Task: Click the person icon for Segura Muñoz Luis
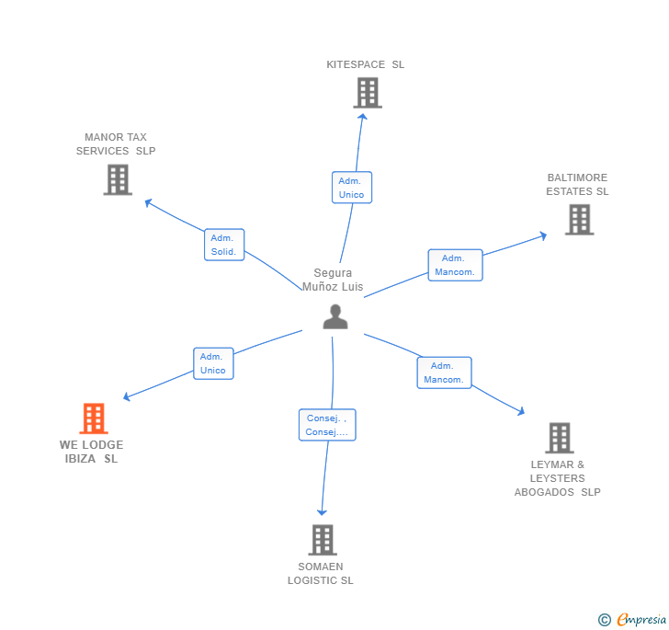pos(335,316)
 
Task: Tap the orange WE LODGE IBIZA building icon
pos(93,418)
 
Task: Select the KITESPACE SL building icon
pos(367,93)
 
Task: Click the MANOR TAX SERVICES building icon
pos(118,179)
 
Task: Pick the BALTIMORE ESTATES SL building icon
pos(579,220)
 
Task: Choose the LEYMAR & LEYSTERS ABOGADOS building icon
pos(559,438)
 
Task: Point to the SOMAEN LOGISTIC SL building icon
pos(322,540)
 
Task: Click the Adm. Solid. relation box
pos(224,245)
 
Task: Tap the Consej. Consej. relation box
pos(326,425)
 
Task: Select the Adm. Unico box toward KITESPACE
pos(352,188)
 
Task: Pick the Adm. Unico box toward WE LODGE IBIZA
pos(213,363)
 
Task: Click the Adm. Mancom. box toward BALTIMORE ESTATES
pos(455,265)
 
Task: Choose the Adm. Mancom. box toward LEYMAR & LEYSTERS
pos(445,372)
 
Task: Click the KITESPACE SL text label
pos(365,64)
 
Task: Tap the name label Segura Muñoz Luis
pos(333,280)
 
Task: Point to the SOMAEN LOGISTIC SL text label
pos(320,573)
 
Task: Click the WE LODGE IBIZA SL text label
pos(91,452)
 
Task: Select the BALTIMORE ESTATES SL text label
pos(577,185)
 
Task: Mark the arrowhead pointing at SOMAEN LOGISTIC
pos(322,511)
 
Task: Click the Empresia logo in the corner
pos(633,620)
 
